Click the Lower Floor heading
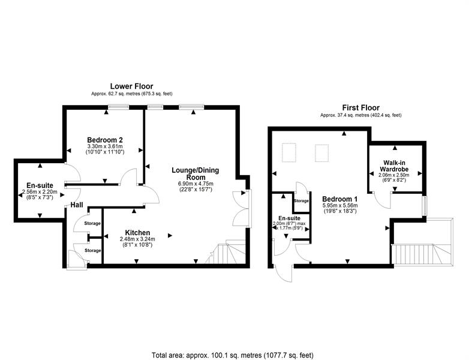(131, 86)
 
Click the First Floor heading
(360, 108)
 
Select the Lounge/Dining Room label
(196, 173)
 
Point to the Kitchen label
(137, 233)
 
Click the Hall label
(77, 205)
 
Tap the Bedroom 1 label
(340, 199)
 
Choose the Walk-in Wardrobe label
(394, 166)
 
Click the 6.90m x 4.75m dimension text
(196, 184)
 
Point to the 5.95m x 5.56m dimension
(340, 206)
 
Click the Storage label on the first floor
(301, 201)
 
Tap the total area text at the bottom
(233, 355)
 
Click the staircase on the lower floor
(226, 252)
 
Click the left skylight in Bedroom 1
(289, 152)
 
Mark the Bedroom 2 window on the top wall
(118, 107)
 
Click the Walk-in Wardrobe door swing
(382, 200)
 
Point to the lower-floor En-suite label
(40, 185)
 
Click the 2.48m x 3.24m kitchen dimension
(137, 239)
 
